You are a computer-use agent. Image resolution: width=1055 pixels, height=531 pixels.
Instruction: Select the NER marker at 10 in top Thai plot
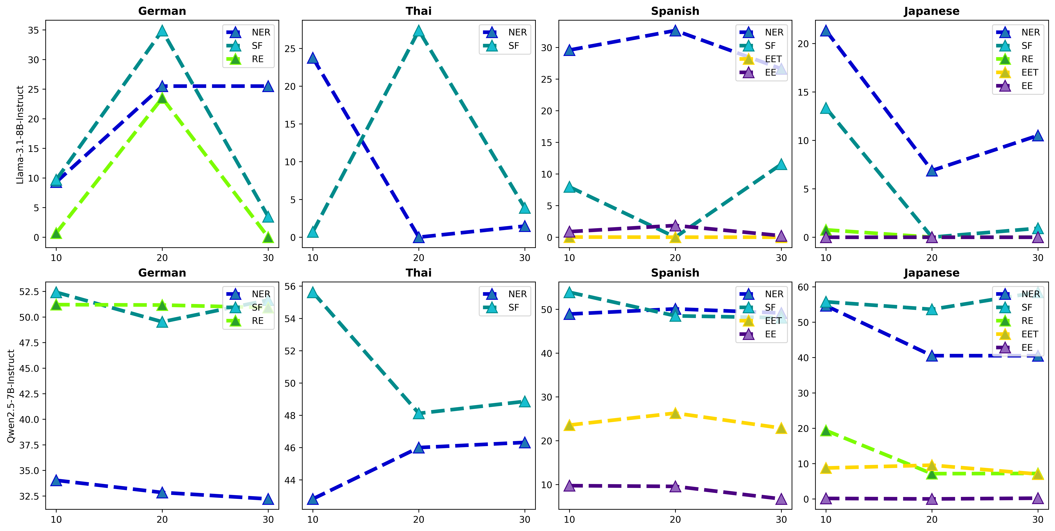coord(313,58)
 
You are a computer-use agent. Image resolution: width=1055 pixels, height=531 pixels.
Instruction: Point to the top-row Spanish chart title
coord(675,11)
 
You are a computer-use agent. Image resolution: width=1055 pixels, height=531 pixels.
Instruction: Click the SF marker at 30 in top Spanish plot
coord(781,164)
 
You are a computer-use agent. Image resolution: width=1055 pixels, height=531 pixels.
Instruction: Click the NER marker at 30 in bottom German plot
coord(268,499)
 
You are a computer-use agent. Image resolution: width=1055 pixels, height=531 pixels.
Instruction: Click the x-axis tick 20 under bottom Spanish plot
coord(675,520)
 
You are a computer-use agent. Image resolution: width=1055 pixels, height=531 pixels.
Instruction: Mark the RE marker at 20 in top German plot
coord(162,98)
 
